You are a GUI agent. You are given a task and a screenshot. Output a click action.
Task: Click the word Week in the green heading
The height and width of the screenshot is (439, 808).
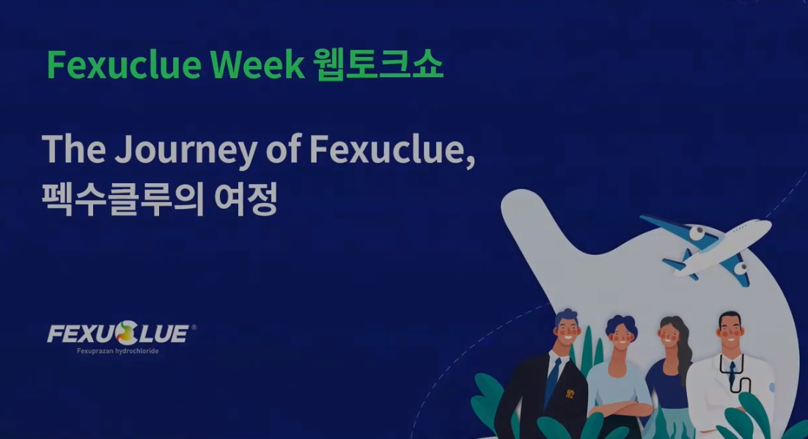(257, 64)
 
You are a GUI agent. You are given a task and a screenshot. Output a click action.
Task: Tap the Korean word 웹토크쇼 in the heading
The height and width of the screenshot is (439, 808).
(378, 65)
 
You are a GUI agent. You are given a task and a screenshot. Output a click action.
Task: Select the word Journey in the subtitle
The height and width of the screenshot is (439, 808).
(186, 150)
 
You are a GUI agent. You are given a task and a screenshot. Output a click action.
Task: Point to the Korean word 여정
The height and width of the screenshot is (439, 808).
(246, 199)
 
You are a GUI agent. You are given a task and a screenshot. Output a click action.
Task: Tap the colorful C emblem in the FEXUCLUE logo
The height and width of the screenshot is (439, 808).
(126, 333)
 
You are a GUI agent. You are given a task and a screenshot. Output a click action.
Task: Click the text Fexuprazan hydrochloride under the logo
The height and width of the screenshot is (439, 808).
(117, 351)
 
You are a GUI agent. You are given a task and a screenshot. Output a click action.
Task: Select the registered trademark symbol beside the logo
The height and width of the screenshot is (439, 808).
(194, 327)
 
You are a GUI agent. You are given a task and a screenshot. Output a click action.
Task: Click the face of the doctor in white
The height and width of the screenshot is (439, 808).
(730, 329)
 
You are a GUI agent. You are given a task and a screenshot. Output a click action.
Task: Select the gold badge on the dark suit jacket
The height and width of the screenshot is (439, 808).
(570, 394)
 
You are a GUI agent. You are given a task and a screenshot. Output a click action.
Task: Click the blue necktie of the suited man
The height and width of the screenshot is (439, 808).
(553, 381)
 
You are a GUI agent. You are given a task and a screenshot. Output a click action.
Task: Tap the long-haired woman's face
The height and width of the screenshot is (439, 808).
(669, 334)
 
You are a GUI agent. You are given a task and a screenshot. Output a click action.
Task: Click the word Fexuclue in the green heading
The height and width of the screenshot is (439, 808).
(124, 64)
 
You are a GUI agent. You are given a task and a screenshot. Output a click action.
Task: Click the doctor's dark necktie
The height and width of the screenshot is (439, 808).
(732, 372)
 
